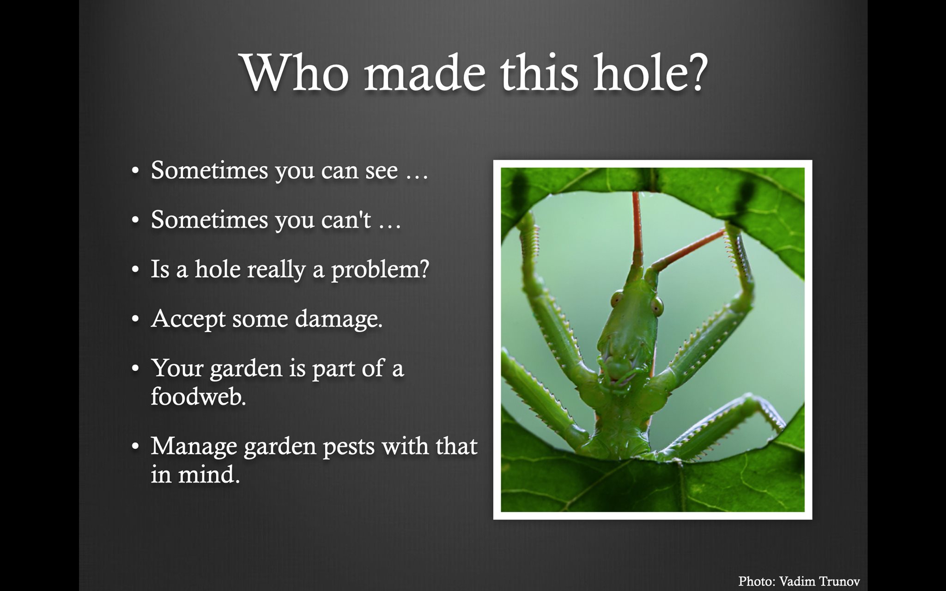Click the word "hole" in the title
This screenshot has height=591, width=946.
click(640, 72)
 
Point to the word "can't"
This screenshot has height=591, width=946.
click(346, 219)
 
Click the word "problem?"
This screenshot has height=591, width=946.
click(380, 270)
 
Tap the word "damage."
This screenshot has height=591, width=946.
click(339, 319)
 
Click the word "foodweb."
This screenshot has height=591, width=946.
click(198, 396)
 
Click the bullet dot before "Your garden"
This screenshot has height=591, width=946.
click(135, 368)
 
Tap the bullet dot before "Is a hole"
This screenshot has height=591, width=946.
click(135, 269)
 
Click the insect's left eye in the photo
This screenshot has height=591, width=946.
click(617, 299)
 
